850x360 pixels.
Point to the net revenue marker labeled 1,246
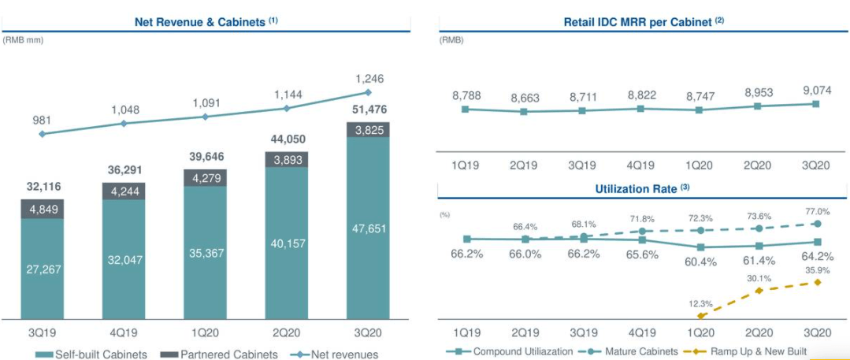pyautogui.click(x=369, y=92)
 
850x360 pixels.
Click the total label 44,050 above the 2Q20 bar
pyautogui.click(x=288, y=139)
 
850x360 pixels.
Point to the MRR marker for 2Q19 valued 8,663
pyautogui.click(x=525, y=111)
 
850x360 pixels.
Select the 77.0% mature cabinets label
pyautogui.click(x=818, y=212)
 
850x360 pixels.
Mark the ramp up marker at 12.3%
pyautogui.click(x=700, y=316)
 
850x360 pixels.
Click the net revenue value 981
pyautogui.click(x=42, y=120)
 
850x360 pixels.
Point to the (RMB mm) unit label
pyautogui.click(x=24, y=40)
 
